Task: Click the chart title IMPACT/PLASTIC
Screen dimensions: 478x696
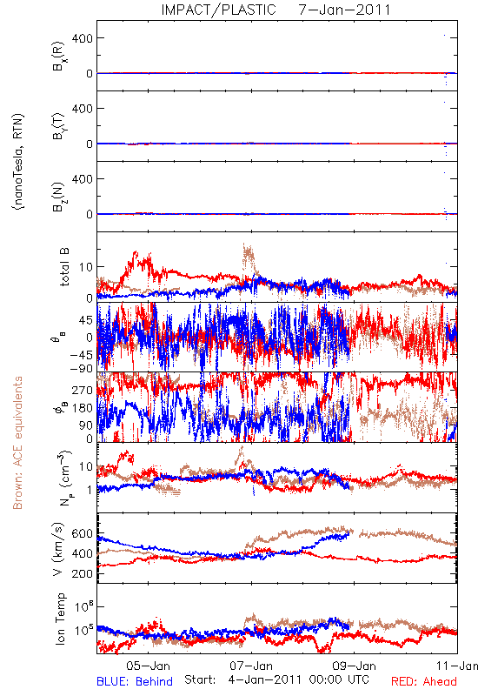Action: [218, 10]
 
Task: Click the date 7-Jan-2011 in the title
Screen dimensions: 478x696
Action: [344, 10]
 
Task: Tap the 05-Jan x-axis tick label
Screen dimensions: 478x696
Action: [148, 666]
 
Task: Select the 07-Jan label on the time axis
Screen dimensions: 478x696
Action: [251, 666]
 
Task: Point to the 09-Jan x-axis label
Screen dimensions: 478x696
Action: [355, 666]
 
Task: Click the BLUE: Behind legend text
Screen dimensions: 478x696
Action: [135, 681]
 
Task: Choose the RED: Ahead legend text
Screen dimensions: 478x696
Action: [423, 681]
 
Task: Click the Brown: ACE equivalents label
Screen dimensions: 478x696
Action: [17, 443]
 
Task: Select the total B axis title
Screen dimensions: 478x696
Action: [64, 267]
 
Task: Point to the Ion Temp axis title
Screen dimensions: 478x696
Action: [60, 619]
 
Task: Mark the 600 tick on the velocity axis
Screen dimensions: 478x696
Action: [82, 533]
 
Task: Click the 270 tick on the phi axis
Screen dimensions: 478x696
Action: [83, 391]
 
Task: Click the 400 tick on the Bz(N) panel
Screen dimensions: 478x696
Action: [83, 179]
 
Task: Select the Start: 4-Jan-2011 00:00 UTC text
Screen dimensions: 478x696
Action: [276, 679]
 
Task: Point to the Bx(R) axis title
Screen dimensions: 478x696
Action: [59, 57]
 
